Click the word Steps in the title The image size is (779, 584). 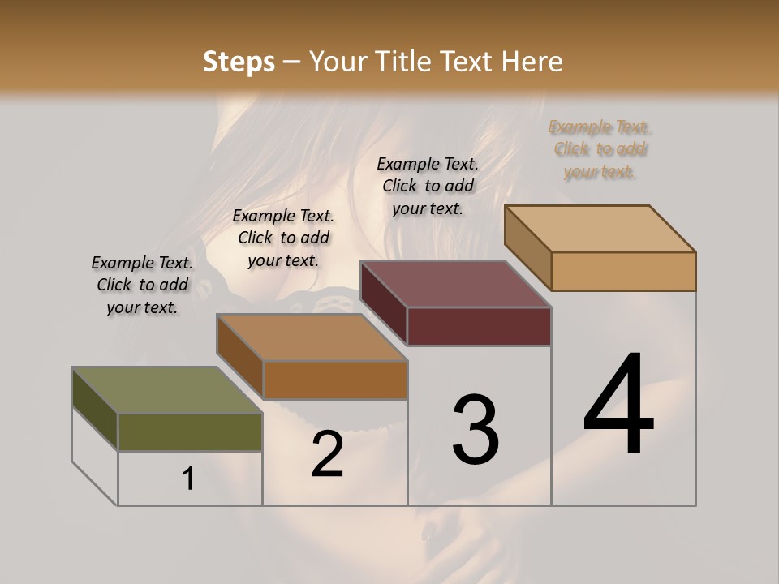239,62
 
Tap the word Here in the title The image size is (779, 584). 531,62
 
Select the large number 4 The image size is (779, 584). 618,406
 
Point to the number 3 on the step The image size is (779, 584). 476,430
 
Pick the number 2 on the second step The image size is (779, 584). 327,454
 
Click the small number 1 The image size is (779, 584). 188,479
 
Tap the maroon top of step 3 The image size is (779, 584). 455,284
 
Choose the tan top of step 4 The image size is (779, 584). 600,228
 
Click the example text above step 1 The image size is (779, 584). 142,285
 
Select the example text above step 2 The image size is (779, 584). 283,238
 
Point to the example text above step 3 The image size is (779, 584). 428,186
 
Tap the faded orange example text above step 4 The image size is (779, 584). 600,149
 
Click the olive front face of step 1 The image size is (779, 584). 190,432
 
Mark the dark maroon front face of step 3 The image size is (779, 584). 479,326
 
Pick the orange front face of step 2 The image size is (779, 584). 335,380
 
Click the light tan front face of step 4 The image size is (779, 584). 623,271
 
